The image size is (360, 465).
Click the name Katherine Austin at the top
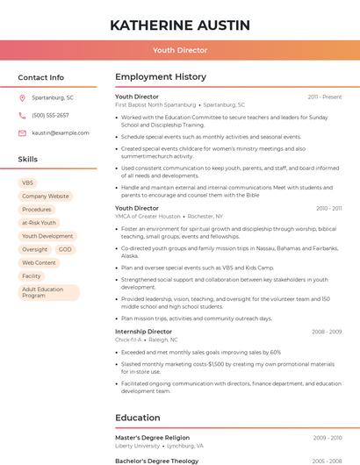click(180, 25)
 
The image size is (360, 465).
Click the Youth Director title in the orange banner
click(180, 50)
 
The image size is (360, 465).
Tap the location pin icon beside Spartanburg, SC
click(22, 97)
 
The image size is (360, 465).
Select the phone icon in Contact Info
click(22, 115)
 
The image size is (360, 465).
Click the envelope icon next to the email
click(22, 132)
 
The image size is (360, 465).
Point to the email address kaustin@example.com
click(60, 132)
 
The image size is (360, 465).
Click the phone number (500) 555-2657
click(50, 115)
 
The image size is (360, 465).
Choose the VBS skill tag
click(27, 182)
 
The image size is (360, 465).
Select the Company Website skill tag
click(45, 196)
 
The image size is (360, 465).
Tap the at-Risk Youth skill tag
click(39, 223)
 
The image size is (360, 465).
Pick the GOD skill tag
click(65, 249)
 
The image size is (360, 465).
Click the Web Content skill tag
click(39, 262)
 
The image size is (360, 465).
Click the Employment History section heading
click(161, 77)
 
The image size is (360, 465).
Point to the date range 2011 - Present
click(324, 97)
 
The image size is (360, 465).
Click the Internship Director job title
click(143, 332)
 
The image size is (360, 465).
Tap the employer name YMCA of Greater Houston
click(148, 216)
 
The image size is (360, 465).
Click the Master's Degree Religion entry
click(152, 437)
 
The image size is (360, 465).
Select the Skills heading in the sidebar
click(28, 160)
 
